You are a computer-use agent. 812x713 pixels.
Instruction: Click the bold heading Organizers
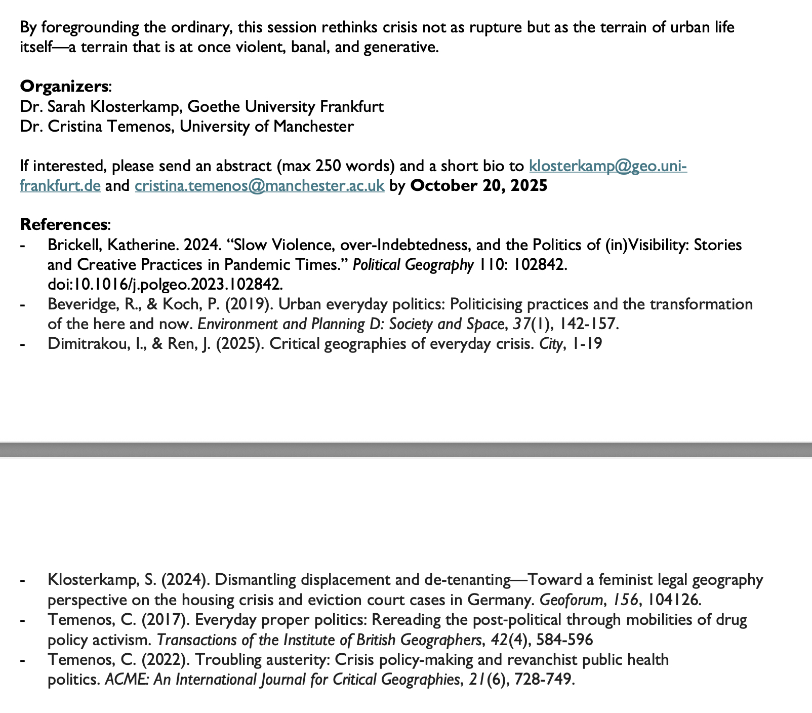coord(64,86)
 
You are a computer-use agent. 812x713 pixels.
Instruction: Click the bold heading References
coord(64,224)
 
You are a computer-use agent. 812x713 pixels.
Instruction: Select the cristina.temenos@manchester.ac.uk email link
coord(260,186)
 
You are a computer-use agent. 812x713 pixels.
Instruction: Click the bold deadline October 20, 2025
coord(479,186)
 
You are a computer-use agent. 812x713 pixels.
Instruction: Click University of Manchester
coord(267,126)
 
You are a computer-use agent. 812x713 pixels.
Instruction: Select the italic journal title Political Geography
coord(413,265)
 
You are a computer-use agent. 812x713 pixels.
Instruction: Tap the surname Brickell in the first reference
coord(72,245)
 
